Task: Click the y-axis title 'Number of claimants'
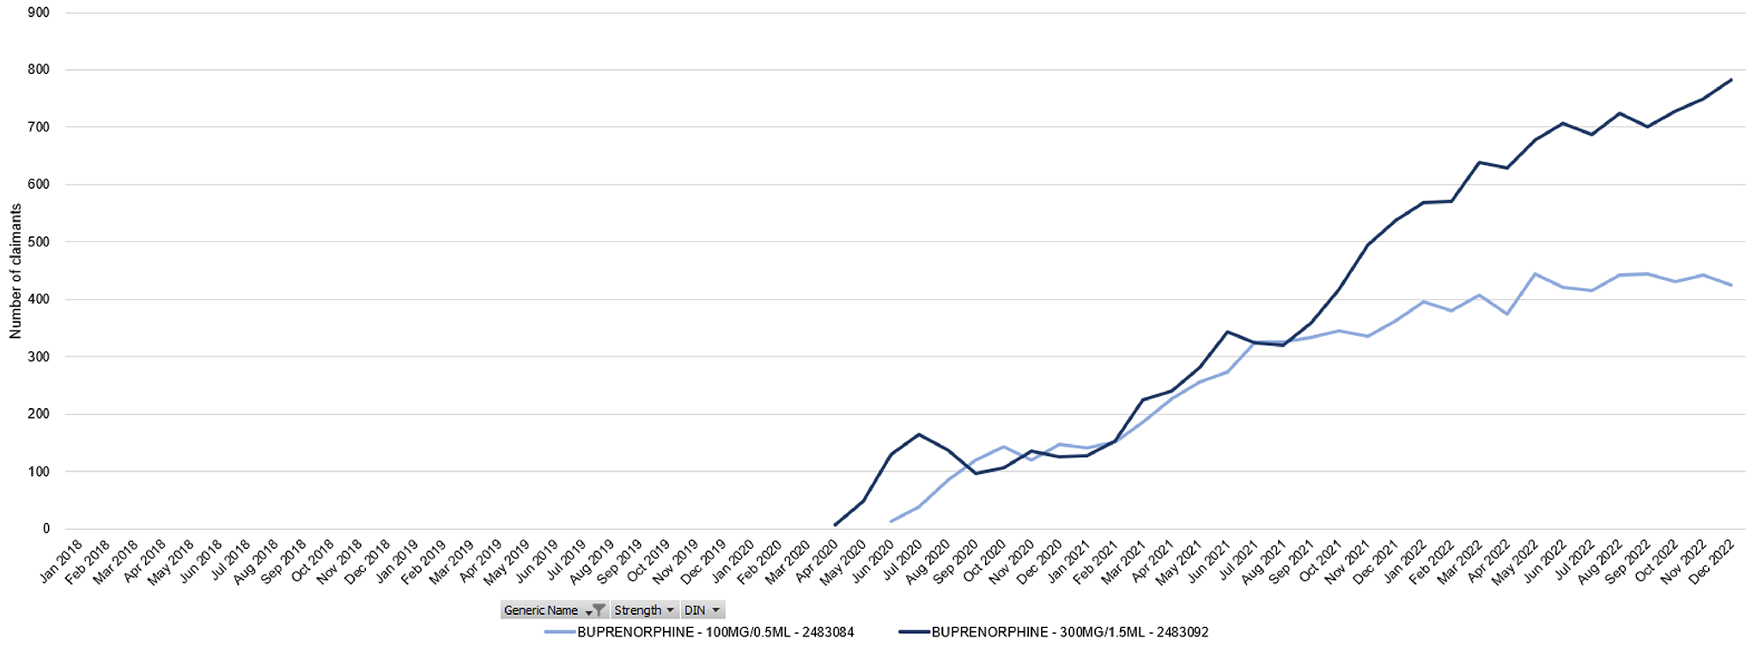15,271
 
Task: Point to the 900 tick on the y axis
39,13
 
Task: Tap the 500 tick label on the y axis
39,242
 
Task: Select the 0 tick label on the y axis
46,529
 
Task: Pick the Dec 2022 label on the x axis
1712,563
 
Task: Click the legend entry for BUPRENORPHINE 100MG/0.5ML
700,632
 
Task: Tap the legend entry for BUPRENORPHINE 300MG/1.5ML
1055,632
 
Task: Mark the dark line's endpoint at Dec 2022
1731,80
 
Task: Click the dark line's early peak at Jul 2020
919,434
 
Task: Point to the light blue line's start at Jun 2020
891,521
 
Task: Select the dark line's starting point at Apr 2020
835,525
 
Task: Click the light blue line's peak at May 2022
1535,274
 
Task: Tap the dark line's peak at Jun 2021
1227,332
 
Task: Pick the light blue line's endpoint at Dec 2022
1731,285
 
